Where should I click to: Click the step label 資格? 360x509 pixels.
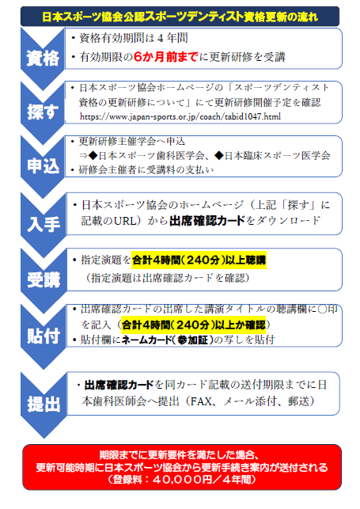43,59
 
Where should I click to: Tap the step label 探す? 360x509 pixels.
43,112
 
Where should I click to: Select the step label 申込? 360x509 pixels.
44,166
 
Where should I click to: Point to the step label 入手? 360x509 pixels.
44,224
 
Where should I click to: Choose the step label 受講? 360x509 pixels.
44,279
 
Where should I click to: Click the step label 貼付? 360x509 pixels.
44,336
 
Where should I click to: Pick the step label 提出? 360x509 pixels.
44,405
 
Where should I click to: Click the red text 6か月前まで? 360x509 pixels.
165,57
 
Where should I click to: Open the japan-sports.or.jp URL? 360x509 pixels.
180,116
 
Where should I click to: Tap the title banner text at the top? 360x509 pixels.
180,17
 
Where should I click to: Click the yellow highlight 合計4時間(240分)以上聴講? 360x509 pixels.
199,260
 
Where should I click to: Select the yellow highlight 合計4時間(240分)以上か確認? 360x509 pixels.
194,325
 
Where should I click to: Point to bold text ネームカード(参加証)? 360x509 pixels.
168,340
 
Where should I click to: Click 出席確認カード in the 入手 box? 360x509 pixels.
207,221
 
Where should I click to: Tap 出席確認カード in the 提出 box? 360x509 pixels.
119,385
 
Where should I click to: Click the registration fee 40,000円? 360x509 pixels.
182,480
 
